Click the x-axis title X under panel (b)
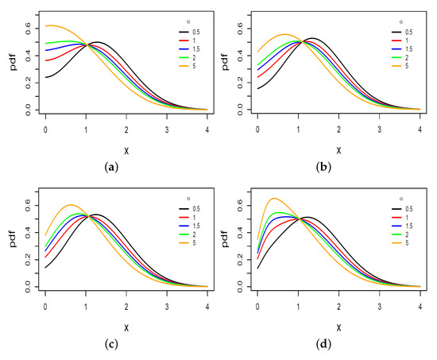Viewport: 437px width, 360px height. (x=338, y=149)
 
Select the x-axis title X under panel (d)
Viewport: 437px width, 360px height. (x=338, y=327)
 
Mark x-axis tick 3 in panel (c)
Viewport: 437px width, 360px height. (x=166, y=304)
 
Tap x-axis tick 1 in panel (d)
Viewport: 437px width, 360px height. (x=298, y=304)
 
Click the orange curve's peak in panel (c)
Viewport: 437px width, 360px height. (x=70, y=205)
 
